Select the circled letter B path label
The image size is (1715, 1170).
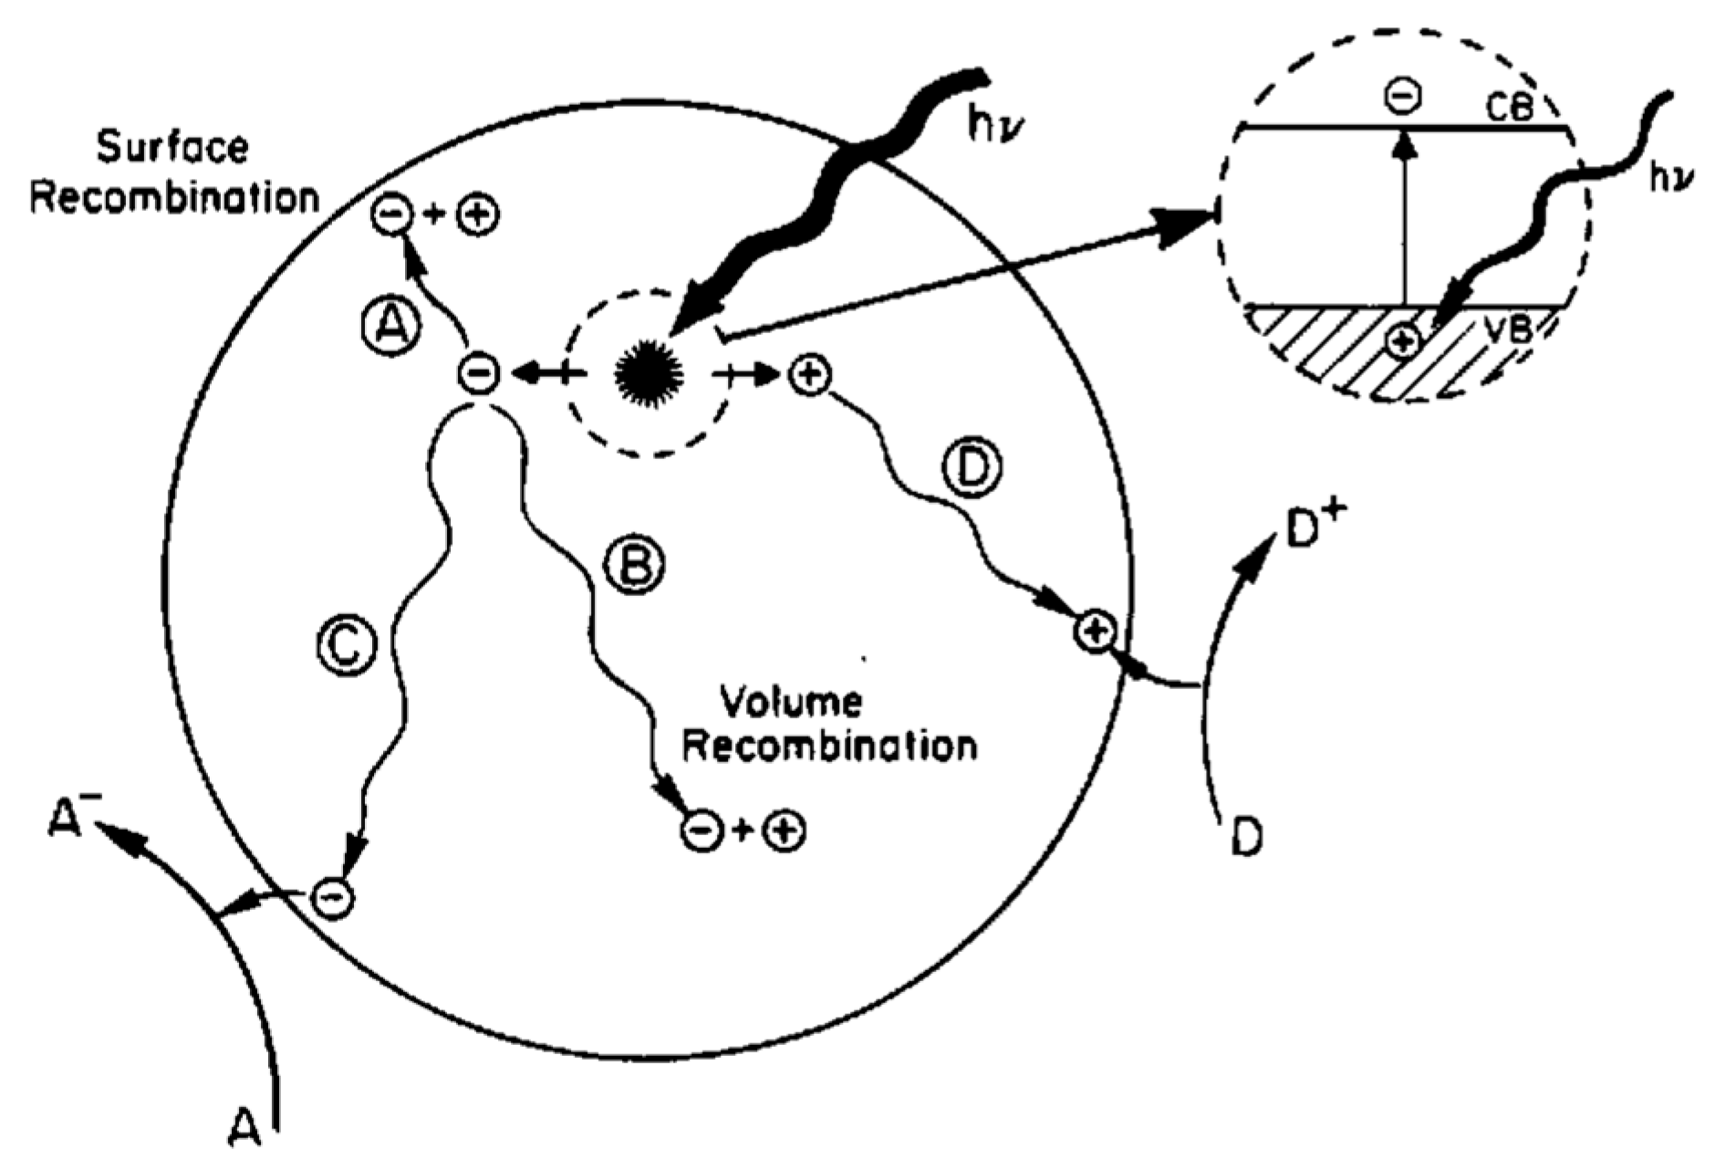click(x=636, y=566)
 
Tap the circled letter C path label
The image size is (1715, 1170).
click(x=347, y=645)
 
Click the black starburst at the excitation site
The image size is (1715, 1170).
click(x=649, y=372)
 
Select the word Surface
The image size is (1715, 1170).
click(x=172, y=148)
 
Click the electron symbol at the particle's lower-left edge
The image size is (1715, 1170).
click(x=332, y=898)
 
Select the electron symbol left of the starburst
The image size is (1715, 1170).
click(x=480, y=373)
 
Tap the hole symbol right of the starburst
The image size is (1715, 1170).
click(x=810, y=374)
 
